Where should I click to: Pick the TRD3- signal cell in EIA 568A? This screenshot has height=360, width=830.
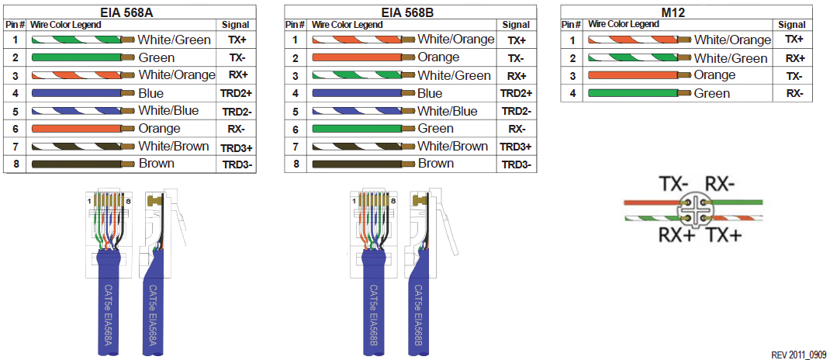(x=237, y=164)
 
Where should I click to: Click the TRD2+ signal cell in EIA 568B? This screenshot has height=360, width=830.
(x=517, y=93)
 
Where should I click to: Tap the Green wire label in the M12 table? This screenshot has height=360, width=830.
(x=712, y=94)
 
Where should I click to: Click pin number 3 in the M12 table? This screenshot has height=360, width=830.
(x=572, y=76)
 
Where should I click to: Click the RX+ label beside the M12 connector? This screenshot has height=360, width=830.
(x=676, y=234)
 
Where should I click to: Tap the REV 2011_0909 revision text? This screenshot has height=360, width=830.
(x=799, y=354)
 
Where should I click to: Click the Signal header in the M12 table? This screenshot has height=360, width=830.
(x=792, y=25)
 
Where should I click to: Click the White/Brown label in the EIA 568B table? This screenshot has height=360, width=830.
(x=453, y=147)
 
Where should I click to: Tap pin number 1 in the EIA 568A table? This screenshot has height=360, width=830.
(x=15, y=40)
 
